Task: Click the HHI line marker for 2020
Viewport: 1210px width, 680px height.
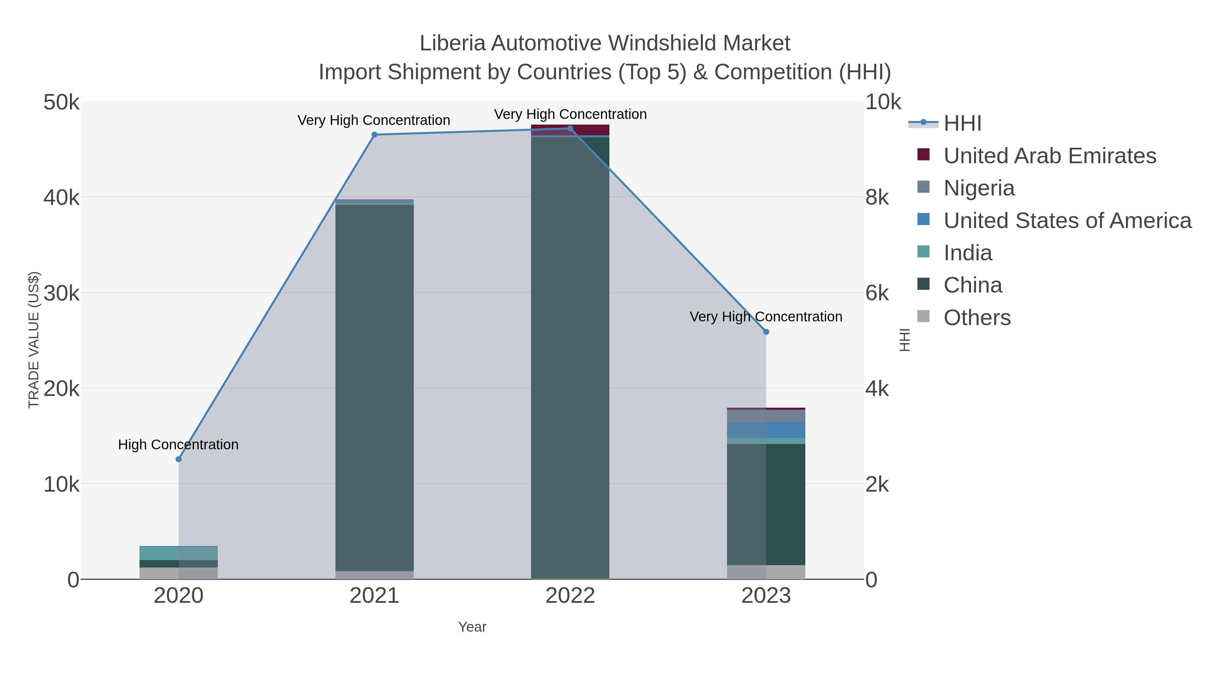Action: pyautogui.click(x=178, y=459)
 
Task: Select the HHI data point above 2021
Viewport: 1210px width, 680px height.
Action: pyautogui.click(x=374, y=135)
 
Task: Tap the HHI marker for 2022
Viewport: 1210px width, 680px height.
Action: pyautogui.click(x=570, y=129)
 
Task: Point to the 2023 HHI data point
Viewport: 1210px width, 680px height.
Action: pyautogui.click(x=766, y=332)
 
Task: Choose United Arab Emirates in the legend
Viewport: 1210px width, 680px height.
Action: pyautogui.click(x=1049, y=156)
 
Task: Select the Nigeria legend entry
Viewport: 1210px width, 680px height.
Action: pyautogui.click(x=979, y=188)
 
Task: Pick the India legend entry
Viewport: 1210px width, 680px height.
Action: pyautogui.click(x=968, y=253)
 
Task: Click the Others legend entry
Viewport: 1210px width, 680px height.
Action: pyautogui.click(x=977, y=318)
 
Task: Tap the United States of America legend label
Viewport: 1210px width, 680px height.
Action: pyautogui.click(x=1067, y=221)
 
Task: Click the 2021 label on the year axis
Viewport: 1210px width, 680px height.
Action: pyautogui.click(x=374, y=595)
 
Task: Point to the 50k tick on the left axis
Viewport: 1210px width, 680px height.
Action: pyautogui.click(x=62, y=102)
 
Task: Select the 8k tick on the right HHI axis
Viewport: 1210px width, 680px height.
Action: pyautogui.click(x=877, y=197)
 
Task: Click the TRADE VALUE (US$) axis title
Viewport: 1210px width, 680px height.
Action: pyautogui.click(x=34, y=340)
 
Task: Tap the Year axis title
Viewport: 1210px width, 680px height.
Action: pyautogui.click(x=472, y=627)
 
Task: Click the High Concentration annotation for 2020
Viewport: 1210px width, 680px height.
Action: pyautogui.click(x=178, y=444)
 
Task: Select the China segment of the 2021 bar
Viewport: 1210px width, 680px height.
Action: pyautogui.click(x=374, y=385)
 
